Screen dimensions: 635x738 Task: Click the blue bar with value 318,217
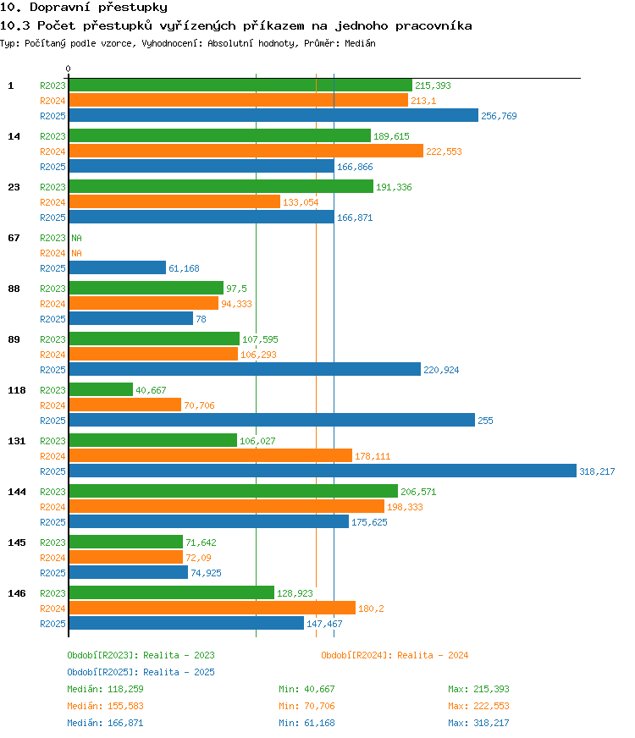point(323,471)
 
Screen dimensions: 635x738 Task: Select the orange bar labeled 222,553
point(246,151)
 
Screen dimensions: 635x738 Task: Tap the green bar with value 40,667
point(101,389)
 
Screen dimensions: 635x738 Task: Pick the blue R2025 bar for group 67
point(117,267)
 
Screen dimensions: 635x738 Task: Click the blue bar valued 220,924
point(245,370)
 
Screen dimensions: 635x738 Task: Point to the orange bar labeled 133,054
point(174,201)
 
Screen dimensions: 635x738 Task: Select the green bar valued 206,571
point(234,491)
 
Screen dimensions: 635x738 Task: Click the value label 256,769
point(499,116)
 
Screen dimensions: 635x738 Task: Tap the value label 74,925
point(206,573)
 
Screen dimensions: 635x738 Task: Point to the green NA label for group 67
point(76,238)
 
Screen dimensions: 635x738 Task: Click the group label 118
point(16,390)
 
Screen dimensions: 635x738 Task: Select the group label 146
point(16,593)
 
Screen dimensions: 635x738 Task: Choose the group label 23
point(14,187)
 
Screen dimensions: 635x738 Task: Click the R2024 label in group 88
point(52,304)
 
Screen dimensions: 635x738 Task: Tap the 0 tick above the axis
point(69,69)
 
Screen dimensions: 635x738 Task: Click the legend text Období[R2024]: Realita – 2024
point(395,655)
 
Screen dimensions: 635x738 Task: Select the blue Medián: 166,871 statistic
point(105,723)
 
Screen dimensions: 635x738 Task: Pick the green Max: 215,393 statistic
point(478,689)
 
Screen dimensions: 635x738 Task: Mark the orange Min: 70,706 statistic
point(306,706)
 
